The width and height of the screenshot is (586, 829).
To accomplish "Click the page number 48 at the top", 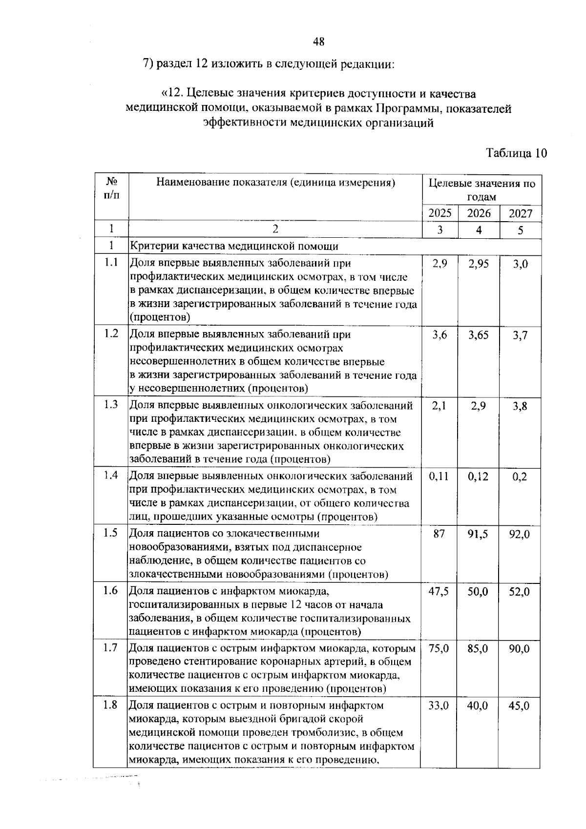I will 318,42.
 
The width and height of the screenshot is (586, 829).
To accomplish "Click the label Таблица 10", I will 516,153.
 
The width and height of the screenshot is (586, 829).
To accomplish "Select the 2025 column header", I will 439,213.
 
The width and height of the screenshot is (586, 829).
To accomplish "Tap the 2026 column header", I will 479,213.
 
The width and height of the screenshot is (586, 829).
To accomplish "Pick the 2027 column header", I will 521,213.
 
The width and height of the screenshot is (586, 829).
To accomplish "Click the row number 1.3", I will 111,405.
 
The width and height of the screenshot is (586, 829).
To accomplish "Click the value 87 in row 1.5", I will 439,534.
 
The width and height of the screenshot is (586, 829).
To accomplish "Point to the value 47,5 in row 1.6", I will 439,592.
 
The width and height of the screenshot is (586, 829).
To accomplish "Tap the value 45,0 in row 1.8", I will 520,706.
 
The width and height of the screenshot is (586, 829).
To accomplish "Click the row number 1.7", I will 111,648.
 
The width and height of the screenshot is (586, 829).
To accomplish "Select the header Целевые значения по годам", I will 481,190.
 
